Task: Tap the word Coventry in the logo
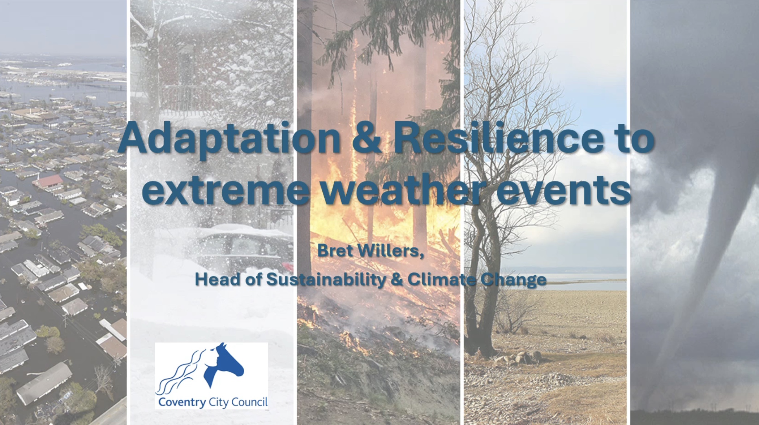(x=182, y=402)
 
